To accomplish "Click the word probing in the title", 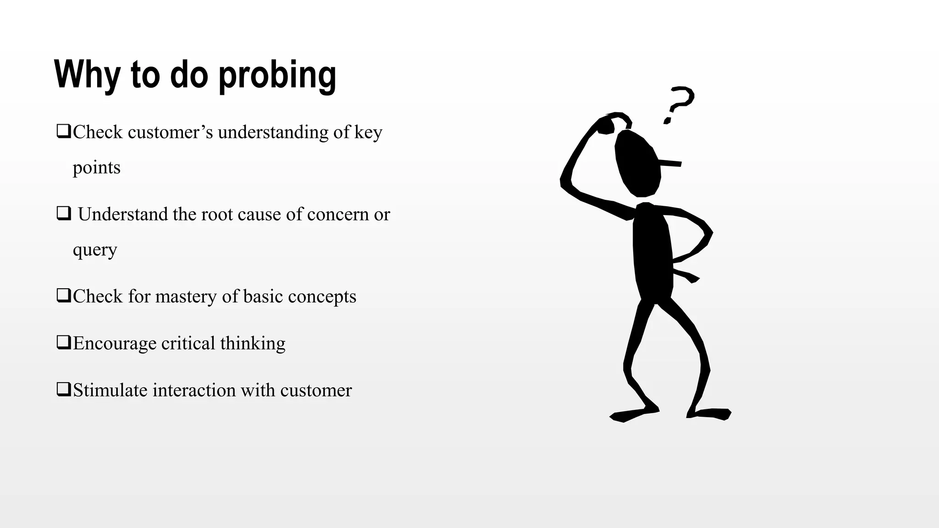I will point(277,75).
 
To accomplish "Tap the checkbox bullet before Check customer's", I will point(63,132).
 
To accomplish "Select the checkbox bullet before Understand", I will point(63,214).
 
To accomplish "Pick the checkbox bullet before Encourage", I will point(63,342).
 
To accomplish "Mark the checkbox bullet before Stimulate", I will point(63,390).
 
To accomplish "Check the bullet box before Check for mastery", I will point(63,296).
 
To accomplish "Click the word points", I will point(96,168).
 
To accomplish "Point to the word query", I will point(95,250).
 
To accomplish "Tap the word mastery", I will point(186,297).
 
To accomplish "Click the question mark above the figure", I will point(679,104).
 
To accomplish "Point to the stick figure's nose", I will point(671,163).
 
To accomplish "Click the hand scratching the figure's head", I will point(606,125).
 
